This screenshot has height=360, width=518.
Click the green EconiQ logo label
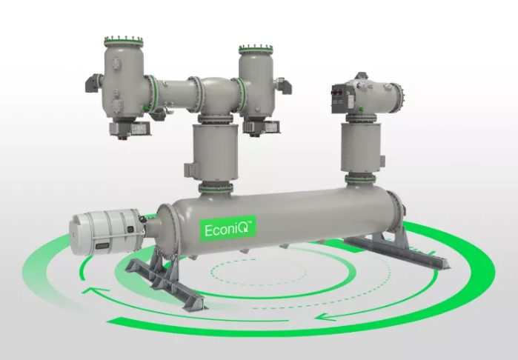pyautogui.click(x=228, y=229)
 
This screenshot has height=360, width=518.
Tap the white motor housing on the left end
pyautogui.click(x=107, y=233)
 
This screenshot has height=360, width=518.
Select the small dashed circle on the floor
pyautogui.click(x=259, y=272)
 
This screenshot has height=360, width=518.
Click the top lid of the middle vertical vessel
pyautogui.click(x=256, y=50)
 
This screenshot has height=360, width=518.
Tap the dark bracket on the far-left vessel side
pyautogui.click(x=93, y=83)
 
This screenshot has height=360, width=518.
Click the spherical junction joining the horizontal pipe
pyautogui.click(x=215, y=95)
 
